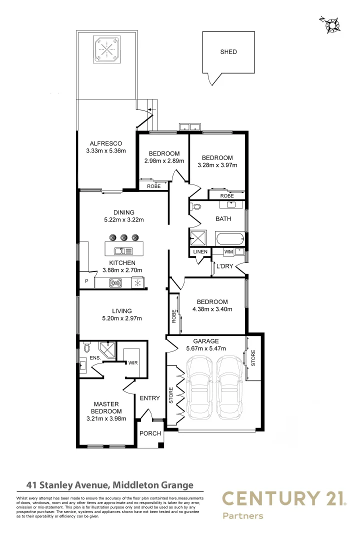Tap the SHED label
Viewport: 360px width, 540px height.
click(228, 51)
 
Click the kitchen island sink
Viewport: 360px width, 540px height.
click(123, 251)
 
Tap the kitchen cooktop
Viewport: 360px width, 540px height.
click(116, 283)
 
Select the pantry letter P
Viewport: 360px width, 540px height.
click(86, 281)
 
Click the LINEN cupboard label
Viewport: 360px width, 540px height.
click(200, 251)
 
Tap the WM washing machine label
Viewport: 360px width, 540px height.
click(228, 251)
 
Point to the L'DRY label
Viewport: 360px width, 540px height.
click(224, 266)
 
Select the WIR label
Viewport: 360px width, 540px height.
click(133, 363)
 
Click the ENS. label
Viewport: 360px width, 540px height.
click(94, 358)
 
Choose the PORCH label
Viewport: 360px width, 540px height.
click(150, 433)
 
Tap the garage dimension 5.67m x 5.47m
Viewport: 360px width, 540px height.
click(205, 348)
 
